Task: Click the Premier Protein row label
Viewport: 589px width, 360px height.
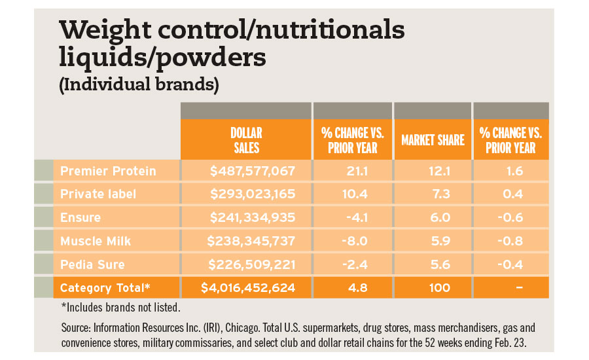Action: coord(108,171)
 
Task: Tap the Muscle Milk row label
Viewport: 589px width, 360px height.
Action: coord(96,241)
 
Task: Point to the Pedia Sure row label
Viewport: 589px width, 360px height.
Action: coord(92,264)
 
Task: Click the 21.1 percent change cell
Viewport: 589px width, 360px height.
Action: coord(352,171)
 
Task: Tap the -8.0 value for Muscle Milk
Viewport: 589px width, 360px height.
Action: coord(352,241)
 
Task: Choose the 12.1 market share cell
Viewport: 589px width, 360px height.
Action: coord(432,171)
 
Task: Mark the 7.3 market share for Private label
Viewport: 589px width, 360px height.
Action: coord(432,194)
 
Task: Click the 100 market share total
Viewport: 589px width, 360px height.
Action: coord(432,288)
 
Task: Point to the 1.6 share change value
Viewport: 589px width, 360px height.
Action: coord(510,171)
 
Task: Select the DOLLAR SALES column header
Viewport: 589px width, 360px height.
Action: coord(246,140)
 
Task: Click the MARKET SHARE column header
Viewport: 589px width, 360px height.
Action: coord(432,140)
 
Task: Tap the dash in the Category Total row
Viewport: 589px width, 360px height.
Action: coord(510,288)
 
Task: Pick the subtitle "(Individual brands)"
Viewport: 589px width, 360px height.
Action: coord(139,85)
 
